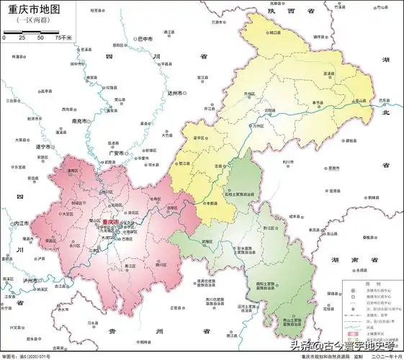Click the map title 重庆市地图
coord(32,10)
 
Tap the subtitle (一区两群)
coord(31,23)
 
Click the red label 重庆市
coord(113,222)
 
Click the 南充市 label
coord(81,121)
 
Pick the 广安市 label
coord(117,153)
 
